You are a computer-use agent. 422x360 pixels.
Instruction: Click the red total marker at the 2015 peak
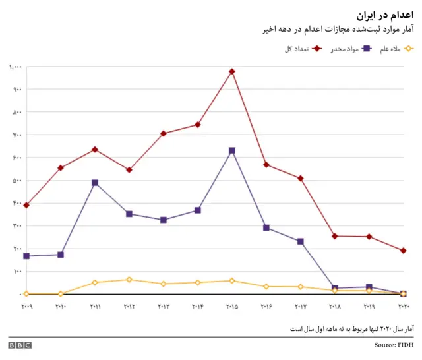pos(232,71)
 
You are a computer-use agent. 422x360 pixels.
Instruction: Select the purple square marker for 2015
pos(232,151)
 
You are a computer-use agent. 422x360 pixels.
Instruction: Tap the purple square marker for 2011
pos(95,183)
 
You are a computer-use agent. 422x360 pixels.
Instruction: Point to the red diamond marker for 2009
pos(26,206)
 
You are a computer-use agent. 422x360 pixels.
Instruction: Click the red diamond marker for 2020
pos(403,251)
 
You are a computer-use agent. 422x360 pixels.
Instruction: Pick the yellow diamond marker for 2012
pos(129,280)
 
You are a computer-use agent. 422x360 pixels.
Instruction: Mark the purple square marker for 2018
pos(335,288)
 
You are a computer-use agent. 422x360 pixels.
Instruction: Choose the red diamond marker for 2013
pos(164,133)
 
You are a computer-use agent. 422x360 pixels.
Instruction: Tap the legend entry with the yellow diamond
pos(396,49)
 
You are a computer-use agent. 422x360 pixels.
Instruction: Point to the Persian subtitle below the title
pos(340,29)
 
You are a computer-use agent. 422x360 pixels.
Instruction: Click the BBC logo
pos(20,345)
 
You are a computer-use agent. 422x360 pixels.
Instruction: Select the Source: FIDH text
pos(394,345)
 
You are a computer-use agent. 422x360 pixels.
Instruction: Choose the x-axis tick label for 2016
pos(266,307)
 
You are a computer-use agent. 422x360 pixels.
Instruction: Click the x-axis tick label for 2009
pos(26,307)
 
